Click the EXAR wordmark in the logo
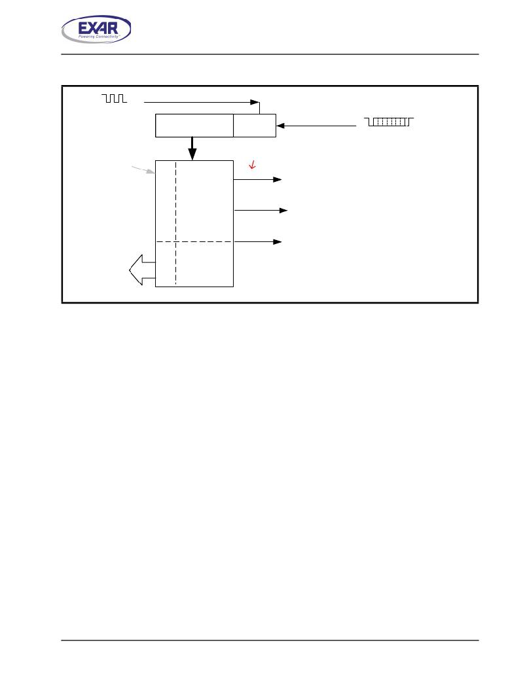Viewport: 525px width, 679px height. click(x=98, y=28)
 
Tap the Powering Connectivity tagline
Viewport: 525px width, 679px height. click(x=99, y=37)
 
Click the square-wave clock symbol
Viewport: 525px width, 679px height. click(x=115, y=98)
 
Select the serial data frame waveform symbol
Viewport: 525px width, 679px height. click(x=389, y=122)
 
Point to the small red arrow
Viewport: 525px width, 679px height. click(x=252, y=165)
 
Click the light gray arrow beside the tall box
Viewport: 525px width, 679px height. click(x=143, y=170)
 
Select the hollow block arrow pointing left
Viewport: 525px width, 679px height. click(x=142, y=270)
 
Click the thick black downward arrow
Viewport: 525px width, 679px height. click(x=192, y=148)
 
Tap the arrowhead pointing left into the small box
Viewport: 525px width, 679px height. click(x=280, y=126)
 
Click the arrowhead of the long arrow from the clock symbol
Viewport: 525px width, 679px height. click(x=255, y=102)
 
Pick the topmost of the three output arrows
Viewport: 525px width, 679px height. click(x=257, y=179)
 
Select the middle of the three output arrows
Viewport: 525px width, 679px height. click(x=261, y=211)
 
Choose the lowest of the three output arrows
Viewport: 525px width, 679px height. click(x=257, y=241)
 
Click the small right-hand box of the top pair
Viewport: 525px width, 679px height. click(x=255, y=126)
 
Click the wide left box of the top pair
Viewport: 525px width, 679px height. click(x=194, y=126)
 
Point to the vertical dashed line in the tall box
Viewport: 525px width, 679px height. click(x=175, y=223)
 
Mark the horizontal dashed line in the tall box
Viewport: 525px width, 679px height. click(x=194, y=241)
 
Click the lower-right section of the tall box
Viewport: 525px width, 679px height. click(x=205, y=264)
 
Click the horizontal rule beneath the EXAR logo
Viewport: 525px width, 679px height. click(x=270, y=54)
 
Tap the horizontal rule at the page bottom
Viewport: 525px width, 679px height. click(x=270, y=640)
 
